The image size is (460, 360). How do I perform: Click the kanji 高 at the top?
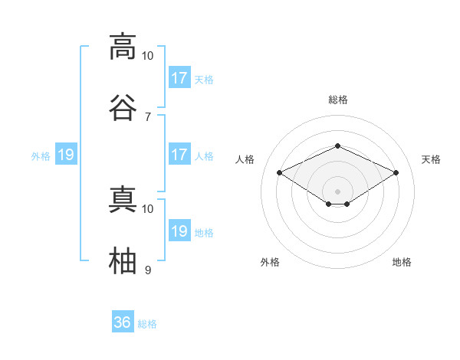[123, 47]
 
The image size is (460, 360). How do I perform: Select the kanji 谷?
[123, 107]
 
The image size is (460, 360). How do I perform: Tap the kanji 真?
[123, 199]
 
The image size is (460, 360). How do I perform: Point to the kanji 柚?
[123, 260]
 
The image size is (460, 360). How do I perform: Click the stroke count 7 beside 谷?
[148, 117]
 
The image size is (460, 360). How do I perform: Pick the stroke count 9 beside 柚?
[148, 270]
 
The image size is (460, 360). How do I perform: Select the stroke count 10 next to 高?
[147, 56]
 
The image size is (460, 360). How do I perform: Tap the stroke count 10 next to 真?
[147, 209]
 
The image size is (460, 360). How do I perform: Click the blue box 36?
[123, 321]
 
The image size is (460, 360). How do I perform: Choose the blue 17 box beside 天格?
[180, 77]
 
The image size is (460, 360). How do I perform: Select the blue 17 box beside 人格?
[180, 154]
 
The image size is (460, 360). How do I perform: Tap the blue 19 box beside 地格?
[180, 230]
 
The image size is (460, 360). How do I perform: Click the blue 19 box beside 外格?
[66, 154]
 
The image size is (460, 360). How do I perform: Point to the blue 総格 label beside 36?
[147, 324]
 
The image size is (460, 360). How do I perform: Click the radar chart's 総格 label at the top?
[338, 100]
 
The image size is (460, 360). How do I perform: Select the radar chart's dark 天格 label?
[431, 159]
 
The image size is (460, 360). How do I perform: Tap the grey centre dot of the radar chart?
[337, 191]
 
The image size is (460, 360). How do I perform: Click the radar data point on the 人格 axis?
[280, 172]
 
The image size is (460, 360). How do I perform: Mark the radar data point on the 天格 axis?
[396, 172]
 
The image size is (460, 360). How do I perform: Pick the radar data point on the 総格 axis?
[337, 146]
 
